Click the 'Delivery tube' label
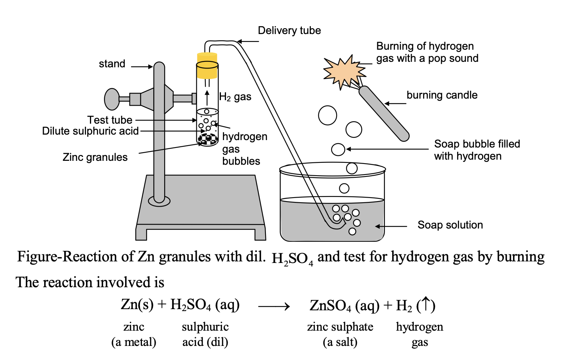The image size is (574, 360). (x=289, y=31)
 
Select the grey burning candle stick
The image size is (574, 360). (x=384, y=113)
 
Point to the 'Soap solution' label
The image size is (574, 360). (x=450, y=225)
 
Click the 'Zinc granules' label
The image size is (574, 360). (x=95, y=157)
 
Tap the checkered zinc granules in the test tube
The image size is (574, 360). (x=207, y=139)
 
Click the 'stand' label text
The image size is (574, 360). (x=112, y=64)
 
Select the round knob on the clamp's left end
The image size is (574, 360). (x=112, y=99)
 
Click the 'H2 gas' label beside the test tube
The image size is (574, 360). (x=235, y=97)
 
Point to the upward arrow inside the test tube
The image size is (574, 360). (x=207, y=98)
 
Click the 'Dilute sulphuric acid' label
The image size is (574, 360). (x=90, y=131)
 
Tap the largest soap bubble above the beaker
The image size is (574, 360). (x=327, y=115)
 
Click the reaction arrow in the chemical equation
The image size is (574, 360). (x=274, y=306)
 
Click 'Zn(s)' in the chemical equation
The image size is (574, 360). (x=137, y=304)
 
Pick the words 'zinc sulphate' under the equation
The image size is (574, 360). (x=340, y=327)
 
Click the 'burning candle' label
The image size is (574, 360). (x=442, y=95)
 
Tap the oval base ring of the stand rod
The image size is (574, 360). (x=159, y=201)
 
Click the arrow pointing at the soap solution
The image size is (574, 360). (x=391, y=226)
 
